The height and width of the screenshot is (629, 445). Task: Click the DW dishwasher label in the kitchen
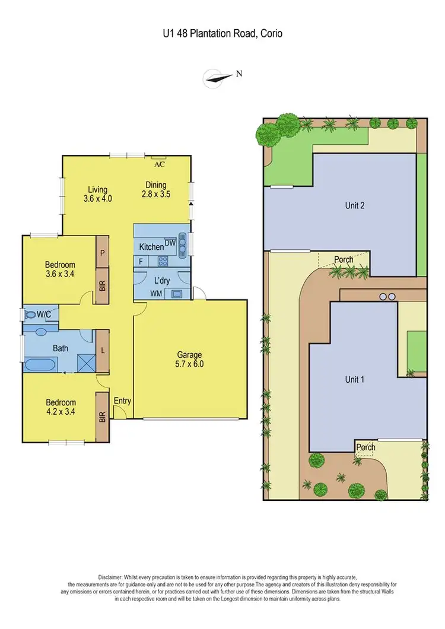tap(170, 242)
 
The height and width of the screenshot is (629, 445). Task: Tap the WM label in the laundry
tap(156, 293)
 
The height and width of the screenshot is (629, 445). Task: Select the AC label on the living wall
tap(159, 164)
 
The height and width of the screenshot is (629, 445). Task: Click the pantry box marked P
tap(103, 252)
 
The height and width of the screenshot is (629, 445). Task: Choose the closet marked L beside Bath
tap(103, 350)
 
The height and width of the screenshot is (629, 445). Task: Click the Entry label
tap(122, 401)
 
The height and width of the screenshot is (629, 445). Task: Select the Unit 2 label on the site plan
tap(354, 206)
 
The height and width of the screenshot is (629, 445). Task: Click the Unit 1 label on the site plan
tap(354, 379)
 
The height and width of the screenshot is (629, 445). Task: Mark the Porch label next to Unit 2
tap(344, 259)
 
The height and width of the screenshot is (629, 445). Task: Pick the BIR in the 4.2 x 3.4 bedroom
tap(103, 417)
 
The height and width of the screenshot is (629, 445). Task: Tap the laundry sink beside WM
tap(176, 293)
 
